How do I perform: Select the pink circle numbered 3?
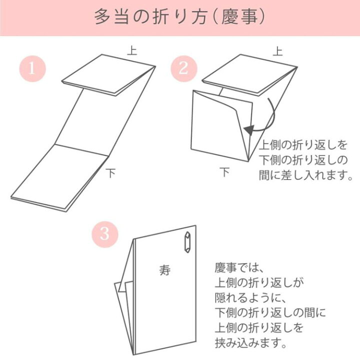click(104, 233)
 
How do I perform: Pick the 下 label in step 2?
click(225, 172)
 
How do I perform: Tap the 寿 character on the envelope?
click(164, 270)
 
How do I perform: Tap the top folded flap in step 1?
click(108, 73)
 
